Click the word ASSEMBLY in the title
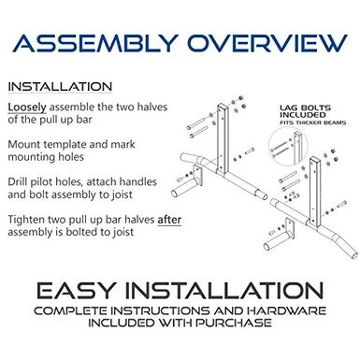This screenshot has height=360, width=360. pyautogui.click(x=95, y=43)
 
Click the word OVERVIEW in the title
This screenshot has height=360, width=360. pyautogui.click(x=267, y=43)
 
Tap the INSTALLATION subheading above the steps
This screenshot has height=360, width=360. pyautogui.click(x=60, y=87)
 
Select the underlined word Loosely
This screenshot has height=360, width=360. pyautogui.click(x=27, y=108)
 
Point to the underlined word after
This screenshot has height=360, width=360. pyautogui.click(x=169, y=220)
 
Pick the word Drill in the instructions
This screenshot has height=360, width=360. pyautogui.click(x=18, y=181)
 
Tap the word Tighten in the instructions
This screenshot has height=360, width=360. pyautogui.click(x=26, y=220)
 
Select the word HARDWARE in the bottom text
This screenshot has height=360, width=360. pyautogui.click(x=287, y=310)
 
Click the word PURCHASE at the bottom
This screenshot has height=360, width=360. pyautogui.click(x=234, y=323)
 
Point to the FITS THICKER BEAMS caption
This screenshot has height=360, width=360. pyautogui.click(x=312, y=122)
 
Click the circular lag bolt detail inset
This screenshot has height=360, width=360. pyautogui.click(x=288, y=146)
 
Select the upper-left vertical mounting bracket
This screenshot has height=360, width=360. pyautogui.click(x=223, y=138)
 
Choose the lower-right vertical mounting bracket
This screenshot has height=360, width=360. pyautogui.click(x=314, y=192)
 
